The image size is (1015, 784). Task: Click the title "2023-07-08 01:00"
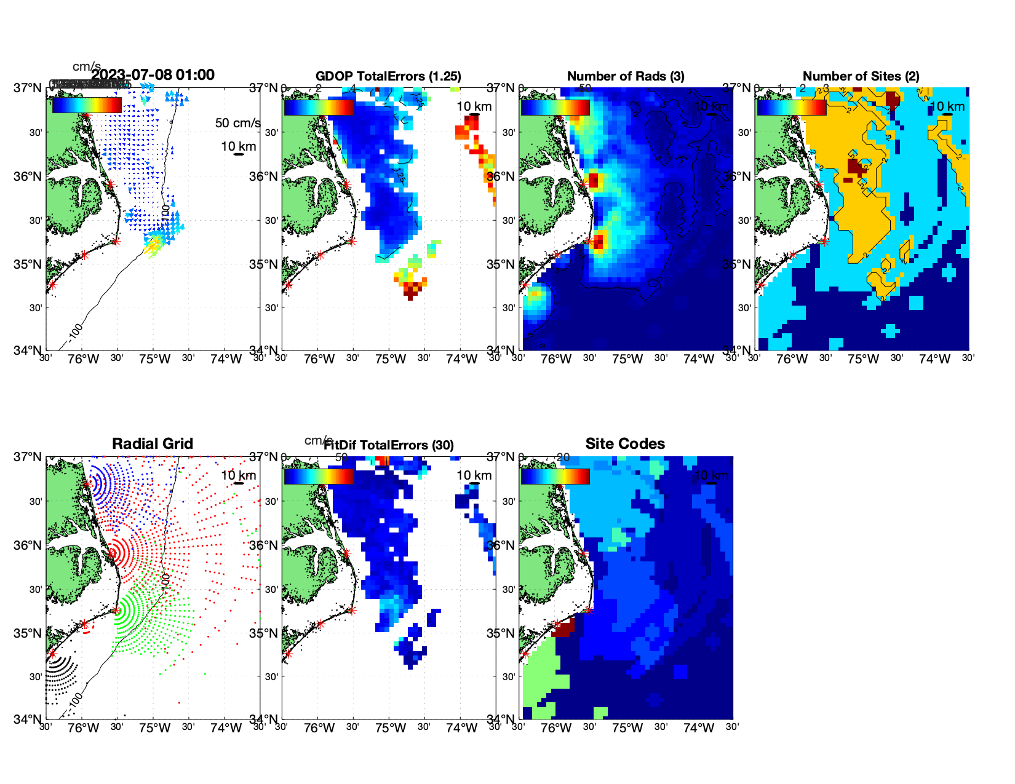[x=153, y=75]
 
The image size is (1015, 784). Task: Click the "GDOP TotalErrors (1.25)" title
[x=388, y=76]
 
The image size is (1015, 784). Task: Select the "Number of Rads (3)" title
[x=625, y=76]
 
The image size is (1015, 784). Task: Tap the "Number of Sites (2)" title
[x=861, y=76]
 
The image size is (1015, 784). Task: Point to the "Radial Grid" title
[x=153, y=444]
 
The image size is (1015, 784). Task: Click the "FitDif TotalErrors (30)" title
[x=389, y=445]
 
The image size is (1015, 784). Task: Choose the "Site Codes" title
[x=625, y=444]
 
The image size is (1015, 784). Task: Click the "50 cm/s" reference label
[x=237, y=123]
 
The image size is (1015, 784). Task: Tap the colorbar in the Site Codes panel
[x=555, y=477]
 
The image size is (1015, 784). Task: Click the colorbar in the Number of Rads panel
[x=555, y=108]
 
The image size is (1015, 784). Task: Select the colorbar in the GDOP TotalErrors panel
[x=319, y=108]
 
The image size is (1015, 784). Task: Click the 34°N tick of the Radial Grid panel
[x=29, y=719]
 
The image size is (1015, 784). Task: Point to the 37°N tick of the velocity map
[x=29, y=88]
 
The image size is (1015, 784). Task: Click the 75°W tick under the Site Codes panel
[x=627, y=729]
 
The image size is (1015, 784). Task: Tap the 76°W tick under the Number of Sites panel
[x=792, y=360]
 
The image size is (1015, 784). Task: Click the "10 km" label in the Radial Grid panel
[x=238, y=475]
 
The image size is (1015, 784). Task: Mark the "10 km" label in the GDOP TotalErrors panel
[x=474, y=106]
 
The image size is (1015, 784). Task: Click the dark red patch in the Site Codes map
[x=563, y=628]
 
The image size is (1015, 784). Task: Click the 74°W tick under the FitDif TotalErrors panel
[x=461, y=729]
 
